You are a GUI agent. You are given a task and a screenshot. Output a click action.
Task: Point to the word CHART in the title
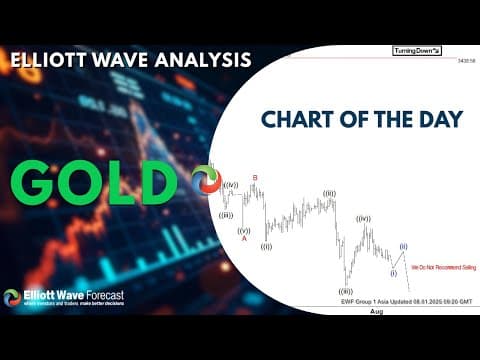tap(300, 120)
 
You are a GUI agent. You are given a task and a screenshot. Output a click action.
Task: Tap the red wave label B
tap(255, 178)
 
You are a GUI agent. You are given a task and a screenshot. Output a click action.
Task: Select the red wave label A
tap(243, 238)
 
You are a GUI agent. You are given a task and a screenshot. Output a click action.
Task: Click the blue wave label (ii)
tap(403, 246)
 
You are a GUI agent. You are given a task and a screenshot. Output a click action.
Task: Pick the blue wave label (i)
tap(393, 272)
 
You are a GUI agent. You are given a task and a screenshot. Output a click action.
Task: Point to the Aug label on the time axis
tap(376, 311)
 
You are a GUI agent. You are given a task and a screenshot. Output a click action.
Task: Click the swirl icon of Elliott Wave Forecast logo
tap(12, 297)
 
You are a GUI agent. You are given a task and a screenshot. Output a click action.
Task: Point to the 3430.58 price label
tap(465, 62)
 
